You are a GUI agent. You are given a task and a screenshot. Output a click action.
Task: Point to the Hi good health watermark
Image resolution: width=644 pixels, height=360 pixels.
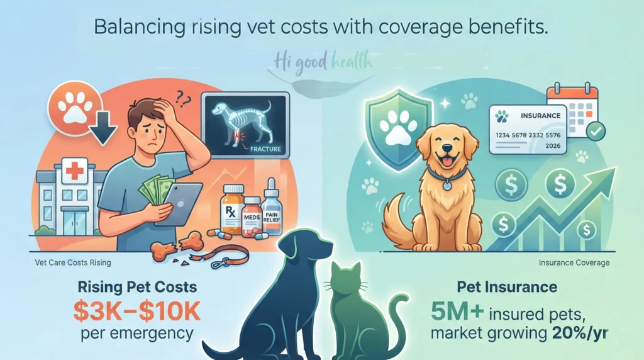323,63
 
